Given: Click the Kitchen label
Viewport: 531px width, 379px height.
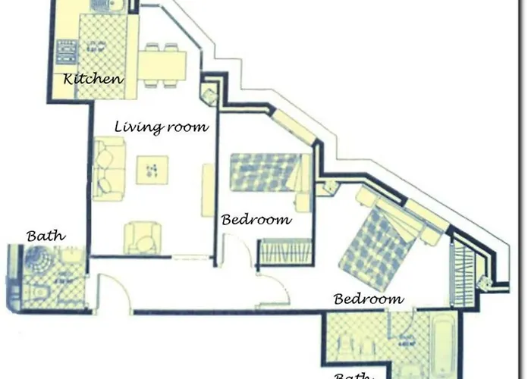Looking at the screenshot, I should pos(93,79).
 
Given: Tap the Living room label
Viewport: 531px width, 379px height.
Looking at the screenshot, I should pos(162,127).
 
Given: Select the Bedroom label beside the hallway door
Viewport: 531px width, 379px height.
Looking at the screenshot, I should pos(256,220).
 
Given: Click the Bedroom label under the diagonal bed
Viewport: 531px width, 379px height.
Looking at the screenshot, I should pos(369,299).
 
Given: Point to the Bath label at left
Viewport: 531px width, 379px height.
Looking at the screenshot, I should pos(46,236).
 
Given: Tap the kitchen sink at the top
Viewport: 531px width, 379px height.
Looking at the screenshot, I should pos(108,7).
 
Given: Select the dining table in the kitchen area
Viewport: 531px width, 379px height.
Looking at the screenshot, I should pos(162,64).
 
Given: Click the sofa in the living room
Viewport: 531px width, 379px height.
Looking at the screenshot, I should pos(108,169).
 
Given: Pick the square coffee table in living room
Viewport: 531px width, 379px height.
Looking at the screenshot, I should pos(152,169).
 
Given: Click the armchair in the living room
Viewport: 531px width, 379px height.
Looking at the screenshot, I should pos(143,237).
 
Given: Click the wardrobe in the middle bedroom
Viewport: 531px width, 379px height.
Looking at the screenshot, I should pos(285,252).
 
